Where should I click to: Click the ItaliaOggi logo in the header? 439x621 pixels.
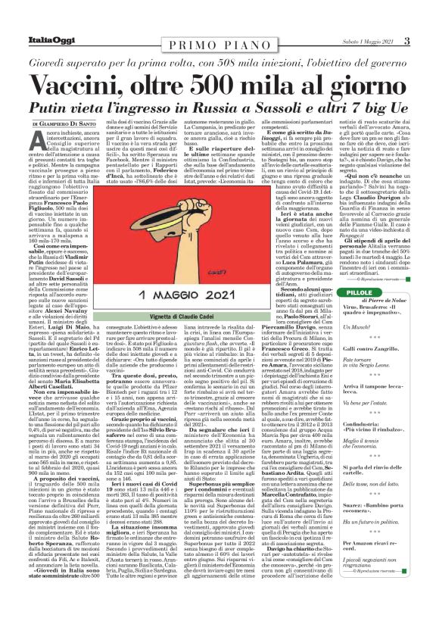[x=45, y=40]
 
